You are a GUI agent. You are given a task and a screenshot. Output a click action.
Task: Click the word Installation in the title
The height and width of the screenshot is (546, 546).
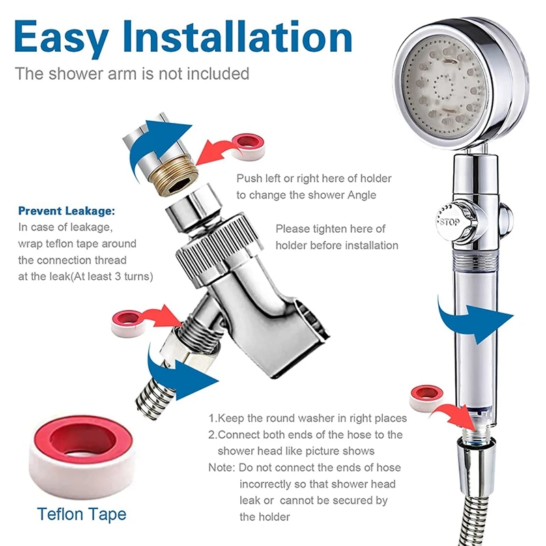pyautogui.click(x=238, y=36)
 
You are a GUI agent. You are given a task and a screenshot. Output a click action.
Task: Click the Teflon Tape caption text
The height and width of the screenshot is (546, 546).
pyautogui.click(x=81, y=515)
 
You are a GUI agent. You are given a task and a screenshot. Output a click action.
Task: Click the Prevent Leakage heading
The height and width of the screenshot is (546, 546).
pyautogui.click(x=66, y=211)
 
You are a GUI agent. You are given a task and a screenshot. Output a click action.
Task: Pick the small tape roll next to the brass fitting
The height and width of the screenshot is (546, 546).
pyautogui.click(x=248, y=146)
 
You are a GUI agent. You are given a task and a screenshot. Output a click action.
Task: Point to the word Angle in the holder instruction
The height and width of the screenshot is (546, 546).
pyautogui.click(x=362, y=195)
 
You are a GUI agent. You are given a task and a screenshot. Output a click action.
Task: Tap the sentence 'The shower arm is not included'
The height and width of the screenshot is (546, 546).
pyautogui.click(x=132, y=74)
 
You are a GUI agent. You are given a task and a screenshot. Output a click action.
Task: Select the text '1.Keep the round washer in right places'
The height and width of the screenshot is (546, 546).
pyautogui.click(x=308, y=418)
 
